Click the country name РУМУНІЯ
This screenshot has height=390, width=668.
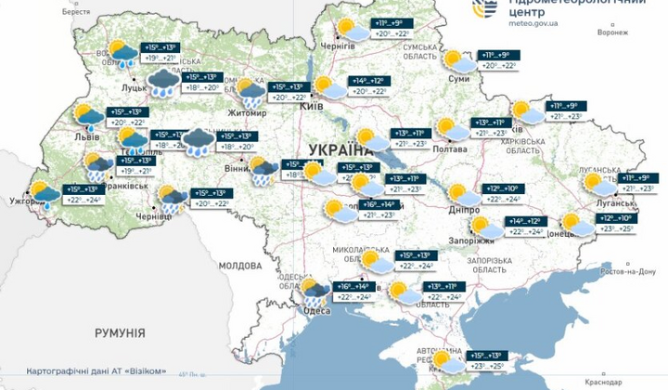[x=120, y=331]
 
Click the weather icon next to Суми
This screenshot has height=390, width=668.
[x=457, y=61]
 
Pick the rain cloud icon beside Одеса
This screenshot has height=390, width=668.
[x=315, y=294]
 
